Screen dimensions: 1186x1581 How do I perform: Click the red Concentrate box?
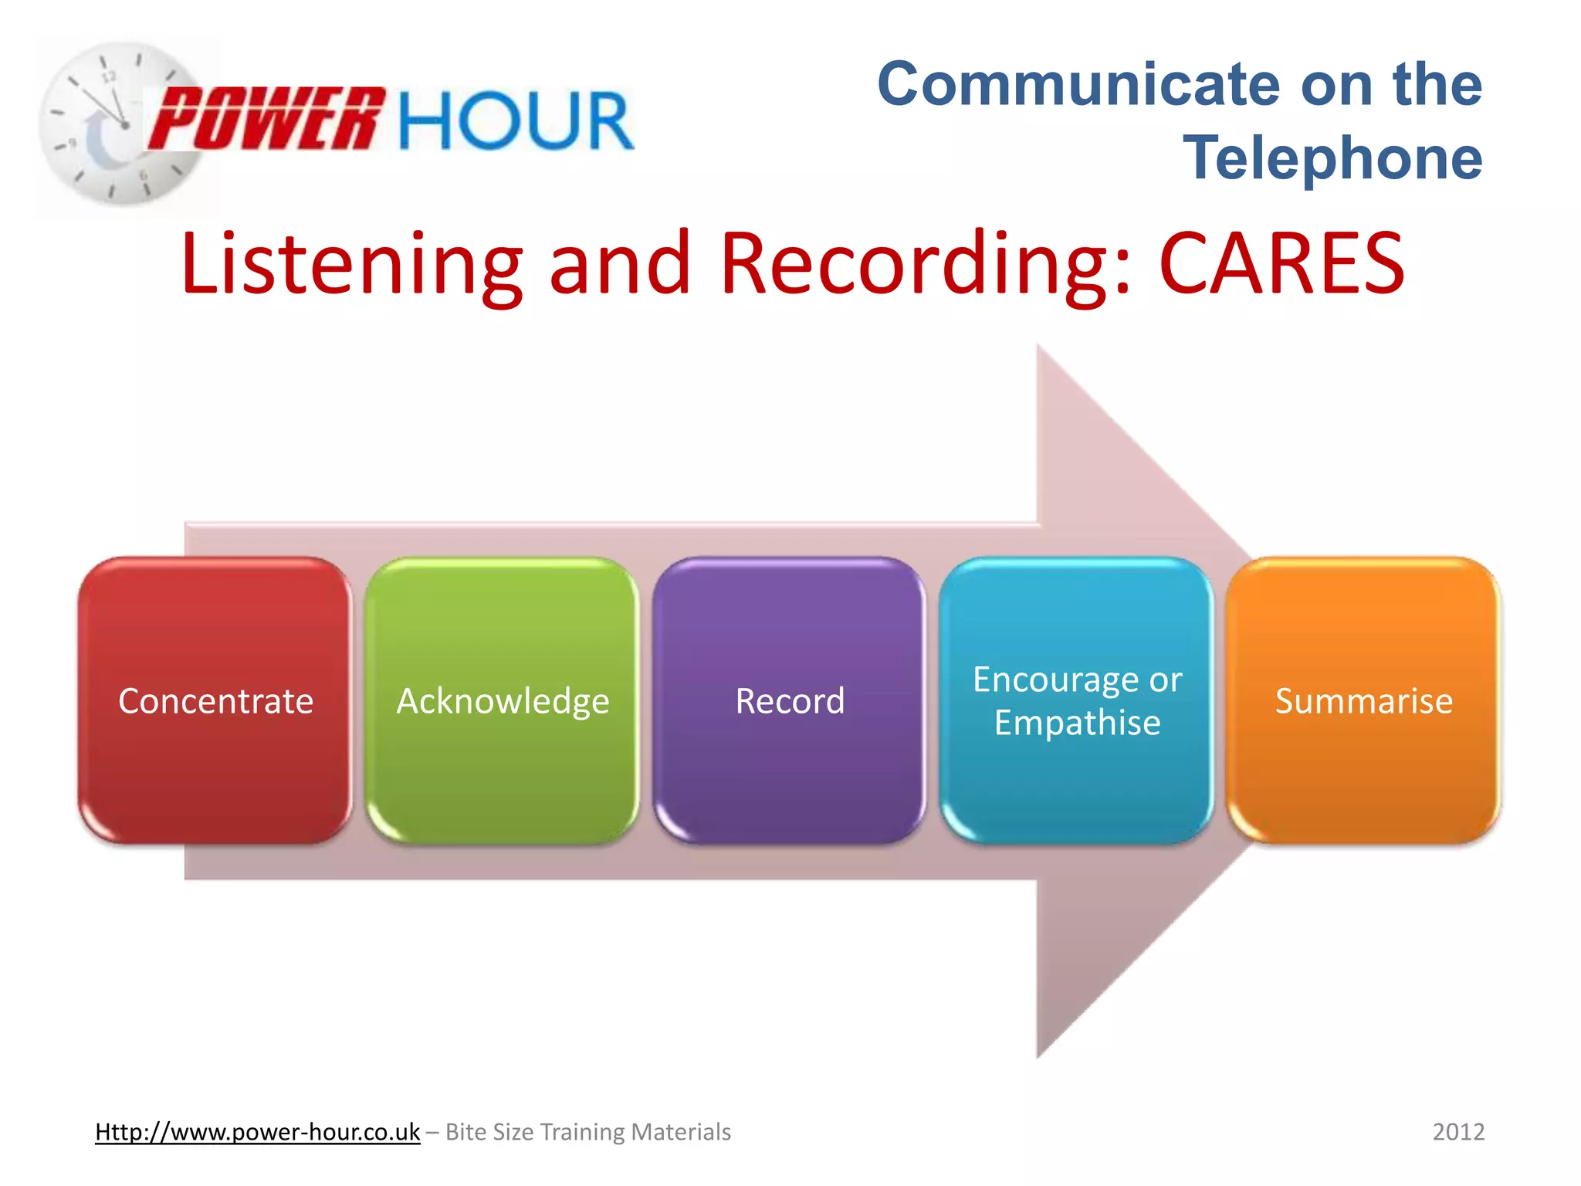[215, 700]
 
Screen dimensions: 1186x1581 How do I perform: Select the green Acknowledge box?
[503, 700]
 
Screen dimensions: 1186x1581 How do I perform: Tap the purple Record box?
[790, 700]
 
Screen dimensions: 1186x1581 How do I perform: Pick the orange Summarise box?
[1363, 700]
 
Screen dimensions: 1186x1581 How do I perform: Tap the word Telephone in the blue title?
[1332, 158]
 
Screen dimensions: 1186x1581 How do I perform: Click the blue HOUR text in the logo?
[516, 120]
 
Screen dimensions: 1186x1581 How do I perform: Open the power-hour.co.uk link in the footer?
[257, 1132]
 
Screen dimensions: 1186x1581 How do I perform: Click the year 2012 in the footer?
[1458, 1132]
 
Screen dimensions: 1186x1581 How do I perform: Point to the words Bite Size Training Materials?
[588, 1132]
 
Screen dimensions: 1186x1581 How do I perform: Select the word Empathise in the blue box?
[1077, 723]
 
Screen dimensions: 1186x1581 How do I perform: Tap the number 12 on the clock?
[110, 76]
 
